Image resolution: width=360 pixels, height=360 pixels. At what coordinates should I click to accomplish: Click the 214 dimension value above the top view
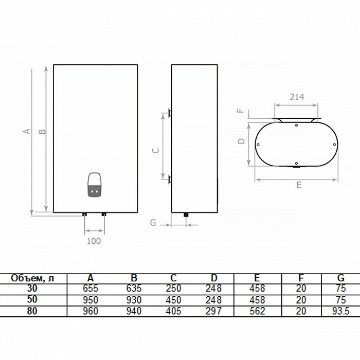point(297,97)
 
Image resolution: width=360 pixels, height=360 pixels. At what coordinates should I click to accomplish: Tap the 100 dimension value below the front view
point(94,241)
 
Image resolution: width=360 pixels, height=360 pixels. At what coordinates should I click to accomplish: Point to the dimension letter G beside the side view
point(153,223)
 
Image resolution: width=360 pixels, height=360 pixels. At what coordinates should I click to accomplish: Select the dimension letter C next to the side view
point(156,150)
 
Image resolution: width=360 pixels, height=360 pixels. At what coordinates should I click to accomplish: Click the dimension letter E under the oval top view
point(299,185)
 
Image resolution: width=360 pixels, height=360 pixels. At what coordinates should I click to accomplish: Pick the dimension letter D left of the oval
point(241,141)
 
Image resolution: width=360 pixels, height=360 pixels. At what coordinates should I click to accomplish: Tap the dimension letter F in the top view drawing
point(241,111)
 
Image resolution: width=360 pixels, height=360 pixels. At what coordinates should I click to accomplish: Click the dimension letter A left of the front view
point(27,131)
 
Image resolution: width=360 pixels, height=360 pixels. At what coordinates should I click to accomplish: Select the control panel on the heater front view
point(94,185)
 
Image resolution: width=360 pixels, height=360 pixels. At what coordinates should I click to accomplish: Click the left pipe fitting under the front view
point(84,214)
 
